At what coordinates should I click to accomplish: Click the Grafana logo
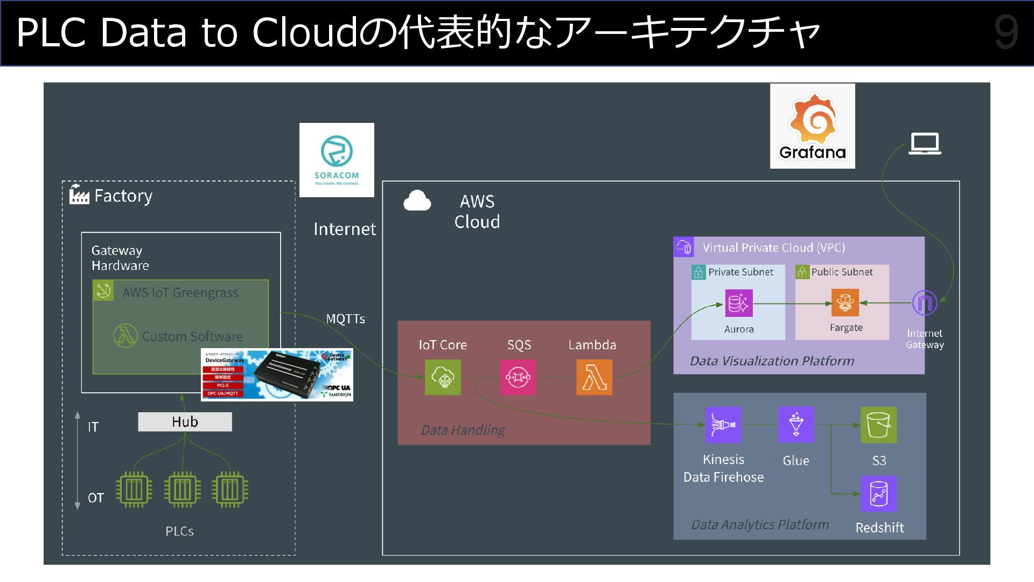click(x=812, y=126)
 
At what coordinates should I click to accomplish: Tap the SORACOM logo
click(x=337, y=160)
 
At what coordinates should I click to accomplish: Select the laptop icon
click(x=925, y=144)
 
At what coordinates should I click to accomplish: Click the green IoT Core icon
click(x=443, y=377)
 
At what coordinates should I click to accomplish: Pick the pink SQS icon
click(x=518, y=377)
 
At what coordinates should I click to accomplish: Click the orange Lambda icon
click(x=594, y=377)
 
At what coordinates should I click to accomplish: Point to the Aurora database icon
click(x=738, y=303)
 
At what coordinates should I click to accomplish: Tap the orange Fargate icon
click(x=845, y=303)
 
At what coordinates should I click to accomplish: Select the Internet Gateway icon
click(x=924, y=303)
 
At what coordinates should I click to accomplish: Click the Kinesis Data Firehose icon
click(x=723, y=425)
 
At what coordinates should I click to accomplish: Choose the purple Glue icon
click(x=796, y=425)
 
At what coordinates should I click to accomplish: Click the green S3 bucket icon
click(x=878, y=425)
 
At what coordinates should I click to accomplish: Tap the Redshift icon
click(x=878, y=494)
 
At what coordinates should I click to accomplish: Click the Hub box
click(x=185, y=422)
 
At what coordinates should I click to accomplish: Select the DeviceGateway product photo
click(x=277, y=375)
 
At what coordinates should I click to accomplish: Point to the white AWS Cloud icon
click(x=417, y=201)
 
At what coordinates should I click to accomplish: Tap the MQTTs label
click(x=345, y=319)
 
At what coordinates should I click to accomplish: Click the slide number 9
click(x=1006, y=32)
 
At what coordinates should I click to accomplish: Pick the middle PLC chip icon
click(x=183, y=490)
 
